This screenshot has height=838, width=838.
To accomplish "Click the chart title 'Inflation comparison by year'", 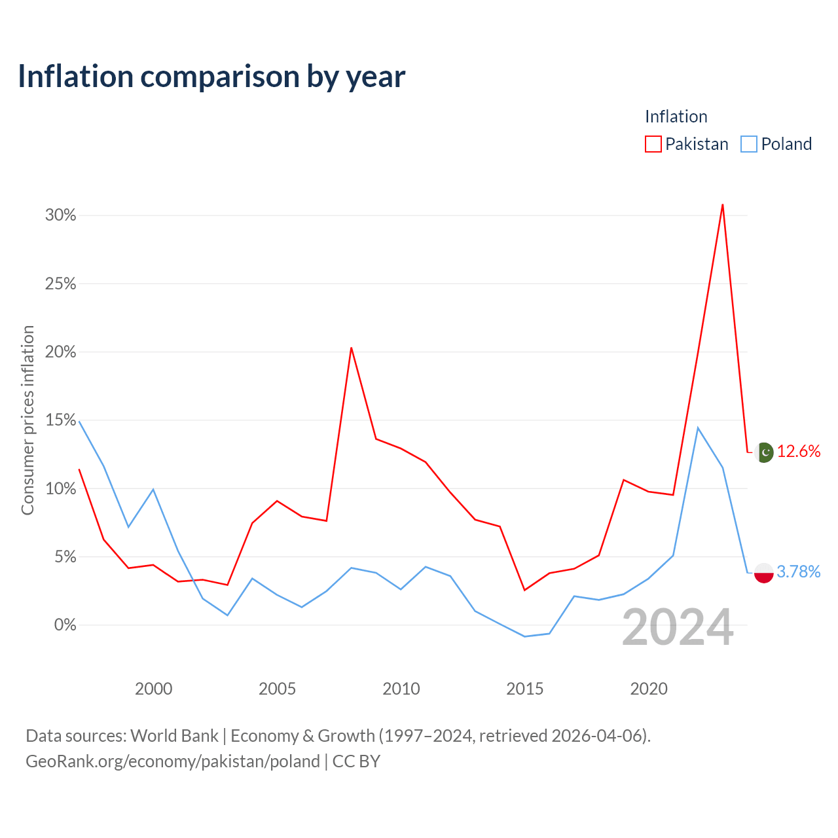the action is point(211,77).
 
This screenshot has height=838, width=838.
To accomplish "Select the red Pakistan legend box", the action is point(653,144).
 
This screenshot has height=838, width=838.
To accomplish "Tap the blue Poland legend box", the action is point(748,144).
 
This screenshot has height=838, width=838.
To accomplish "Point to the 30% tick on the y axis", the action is point(60,215).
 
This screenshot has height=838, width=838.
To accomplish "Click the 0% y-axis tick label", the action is point(65,625).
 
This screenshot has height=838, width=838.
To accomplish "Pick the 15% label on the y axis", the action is point(60,420).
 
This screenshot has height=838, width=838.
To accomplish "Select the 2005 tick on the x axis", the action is point(277,689).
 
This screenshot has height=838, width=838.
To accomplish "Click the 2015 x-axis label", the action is point(524,689).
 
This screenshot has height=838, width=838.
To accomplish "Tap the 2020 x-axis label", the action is point(648,689).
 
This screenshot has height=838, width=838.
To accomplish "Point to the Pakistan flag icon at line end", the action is point(764,452).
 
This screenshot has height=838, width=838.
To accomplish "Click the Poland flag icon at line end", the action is point(763,573).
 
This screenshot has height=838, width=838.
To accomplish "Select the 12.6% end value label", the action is point(799,451).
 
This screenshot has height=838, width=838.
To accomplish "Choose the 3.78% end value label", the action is point(799,572).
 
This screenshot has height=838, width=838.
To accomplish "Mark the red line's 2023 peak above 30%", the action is point(722,204).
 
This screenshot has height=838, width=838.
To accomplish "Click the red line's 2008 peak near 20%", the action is point(351,348).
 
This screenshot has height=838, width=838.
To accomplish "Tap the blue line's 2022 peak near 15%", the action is point(697,428).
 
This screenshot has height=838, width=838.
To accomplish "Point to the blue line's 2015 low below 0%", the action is point(524,636).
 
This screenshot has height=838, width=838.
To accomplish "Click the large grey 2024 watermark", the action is point(678,627).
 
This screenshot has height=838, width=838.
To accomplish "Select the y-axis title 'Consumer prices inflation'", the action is point(27,420).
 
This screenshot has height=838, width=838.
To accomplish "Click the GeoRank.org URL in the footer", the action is point(173,761).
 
